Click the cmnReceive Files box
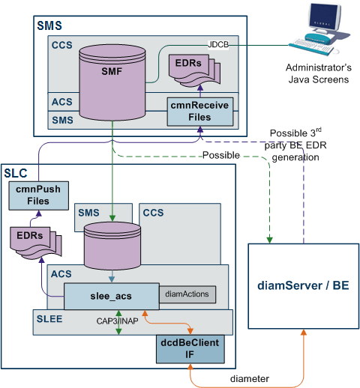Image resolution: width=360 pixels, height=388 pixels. pos(200,112)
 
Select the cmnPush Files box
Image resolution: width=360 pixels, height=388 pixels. pos(39,195)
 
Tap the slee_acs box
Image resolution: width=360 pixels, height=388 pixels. pos(112,296)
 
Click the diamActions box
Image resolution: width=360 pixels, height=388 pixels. pos(187,294)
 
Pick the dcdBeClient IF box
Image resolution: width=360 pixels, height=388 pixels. pos(190,349)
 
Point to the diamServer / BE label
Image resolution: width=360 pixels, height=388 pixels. pos(303,285)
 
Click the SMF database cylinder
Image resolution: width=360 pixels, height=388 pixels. pos(112,82)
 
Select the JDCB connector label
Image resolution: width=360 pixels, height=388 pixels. pos(218,44)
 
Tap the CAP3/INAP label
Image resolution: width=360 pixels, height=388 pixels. pos(117,321)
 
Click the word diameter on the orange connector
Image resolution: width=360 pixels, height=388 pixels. pos(250,379)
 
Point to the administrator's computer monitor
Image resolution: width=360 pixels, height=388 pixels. pos(324,17)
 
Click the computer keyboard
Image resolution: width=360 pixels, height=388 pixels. pos(311,46)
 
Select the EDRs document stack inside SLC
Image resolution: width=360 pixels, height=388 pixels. pos(36,243)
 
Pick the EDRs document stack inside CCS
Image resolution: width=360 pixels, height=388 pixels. pos(194,70)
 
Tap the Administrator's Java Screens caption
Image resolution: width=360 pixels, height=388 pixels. pos(319,73)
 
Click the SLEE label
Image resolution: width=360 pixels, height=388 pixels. pos(49,319)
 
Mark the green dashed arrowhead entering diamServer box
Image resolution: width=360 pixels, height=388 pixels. pos(269,240)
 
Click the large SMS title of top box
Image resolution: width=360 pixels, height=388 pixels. pos(49,25)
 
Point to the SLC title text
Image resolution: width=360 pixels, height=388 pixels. pos(16,173)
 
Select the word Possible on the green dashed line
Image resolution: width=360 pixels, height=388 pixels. pos(221,155)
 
